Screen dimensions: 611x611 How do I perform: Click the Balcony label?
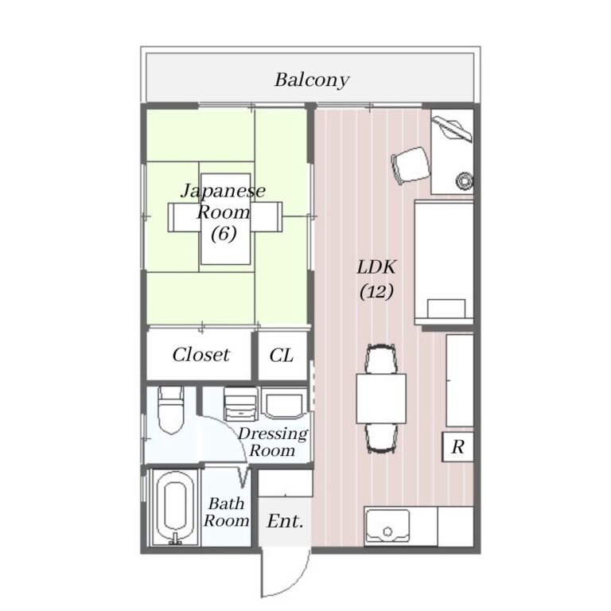312,80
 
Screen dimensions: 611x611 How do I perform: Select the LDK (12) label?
376,279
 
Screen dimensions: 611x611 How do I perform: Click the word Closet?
201,355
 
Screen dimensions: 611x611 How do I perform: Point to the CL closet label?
282,355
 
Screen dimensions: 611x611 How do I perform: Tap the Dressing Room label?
273,442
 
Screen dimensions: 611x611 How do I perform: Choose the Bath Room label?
226,512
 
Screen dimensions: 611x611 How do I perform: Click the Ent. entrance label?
286,521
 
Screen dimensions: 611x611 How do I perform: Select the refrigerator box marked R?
458,447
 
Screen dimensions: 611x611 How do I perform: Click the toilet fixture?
171,411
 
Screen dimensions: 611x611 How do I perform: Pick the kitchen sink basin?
387,526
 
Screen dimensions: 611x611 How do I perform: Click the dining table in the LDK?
381,399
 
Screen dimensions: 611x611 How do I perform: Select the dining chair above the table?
381,359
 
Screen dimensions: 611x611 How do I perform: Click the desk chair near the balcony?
411,165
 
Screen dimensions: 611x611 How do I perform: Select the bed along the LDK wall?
444,263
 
